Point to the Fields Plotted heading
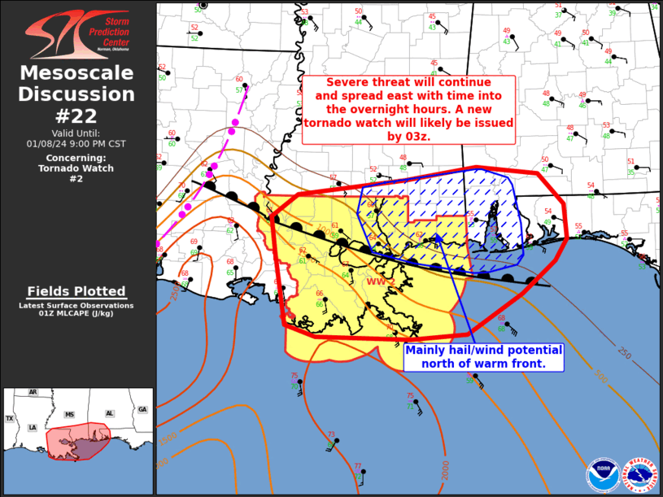pyautogui.click(x=76, y=291)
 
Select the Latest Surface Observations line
pyautogui.click(x=76, y=305)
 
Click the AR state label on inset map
pyautogui.click(x=33, y=392)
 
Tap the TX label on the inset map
pyautogui.click(x=10, y=418)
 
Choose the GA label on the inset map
pyautogui.click(x=143, y=409)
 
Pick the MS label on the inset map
pyautogui.click(x=69, y=415)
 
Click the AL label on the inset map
pyautogui.click(x=109, y=413)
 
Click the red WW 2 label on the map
pyautogui.click(x=380, y=281)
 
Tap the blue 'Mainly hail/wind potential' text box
pyautogui.click(x=483, y=356)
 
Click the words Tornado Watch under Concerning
pyautogui.click(x=76, y=168)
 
